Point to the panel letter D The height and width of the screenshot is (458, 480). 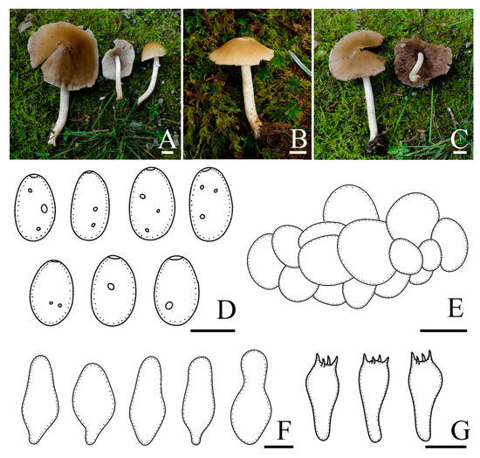[x=226, y=310]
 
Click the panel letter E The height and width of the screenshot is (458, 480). [x=456, y=308]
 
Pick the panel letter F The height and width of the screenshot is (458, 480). [x=284, y=430]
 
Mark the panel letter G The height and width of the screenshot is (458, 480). [x=461, y=430]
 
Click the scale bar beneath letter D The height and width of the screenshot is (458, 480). [x=213, y=330]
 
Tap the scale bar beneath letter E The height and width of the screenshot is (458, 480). [x=443, y=330]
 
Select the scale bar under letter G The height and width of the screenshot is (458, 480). [x=446, y=447]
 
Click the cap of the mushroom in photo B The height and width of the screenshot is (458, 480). [x=241, y=52]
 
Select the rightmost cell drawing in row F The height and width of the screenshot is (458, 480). [x=251, y=398]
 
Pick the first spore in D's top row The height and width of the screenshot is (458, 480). [x=35, y=207]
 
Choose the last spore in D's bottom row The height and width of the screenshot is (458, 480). [x=176, y=290]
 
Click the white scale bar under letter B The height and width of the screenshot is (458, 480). [x=298, y=152]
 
